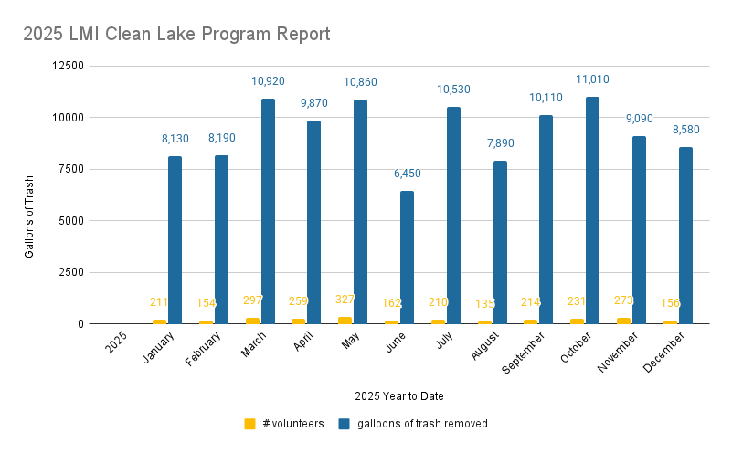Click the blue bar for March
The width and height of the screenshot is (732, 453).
[x=269, y=211]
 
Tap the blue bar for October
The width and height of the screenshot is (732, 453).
[x=593, y=210]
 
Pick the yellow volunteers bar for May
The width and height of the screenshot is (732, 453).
[x=345, y=320]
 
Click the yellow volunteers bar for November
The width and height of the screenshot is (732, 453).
[x=623, y=321]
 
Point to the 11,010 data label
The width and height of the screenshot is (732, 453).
[x=592, y=80]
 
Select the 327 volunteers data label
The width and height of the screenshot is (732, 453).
[x=345, y=300]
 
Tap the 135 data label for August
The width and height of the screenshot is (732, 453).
[x=484, y=304]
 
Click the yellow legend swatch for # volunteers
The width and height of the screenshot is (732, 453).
[x=249, y=424]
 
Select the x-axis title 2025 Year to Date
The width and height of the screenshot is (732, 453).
[x=399, y=395]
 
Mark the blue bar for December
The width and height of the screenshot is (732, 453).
[x=685, y=235]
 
